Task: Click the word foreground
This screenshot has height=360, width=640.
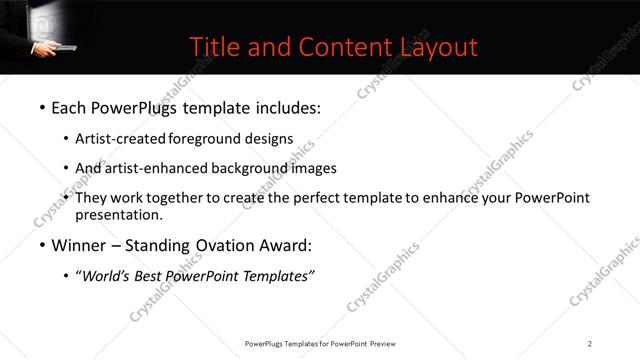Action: click(204, 138)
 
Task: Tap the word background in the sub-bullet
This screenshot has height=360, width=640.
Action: click(253, 168)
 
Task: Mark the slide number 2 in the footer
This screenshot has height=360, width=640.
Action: click(590, 344)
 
